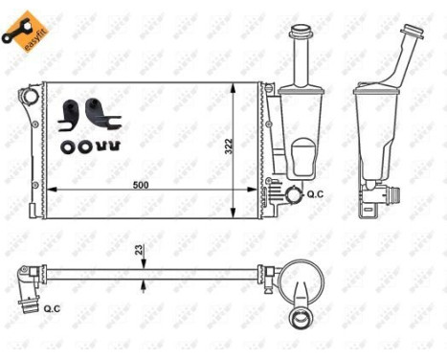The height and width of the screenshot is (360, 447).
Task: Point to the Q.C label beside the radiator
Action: tap(315, 194)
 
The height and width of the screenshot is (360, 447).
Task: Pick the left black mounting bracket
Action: tap(69, 113)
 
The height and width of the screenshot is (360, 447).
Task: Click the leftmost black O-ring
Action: tap(66, 146)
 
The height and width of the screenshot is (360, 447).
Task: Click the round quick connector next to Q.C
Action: tap(292, 195)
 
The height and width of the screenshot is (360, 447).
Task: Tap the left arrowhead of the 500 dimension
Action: tap(52, 188)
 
